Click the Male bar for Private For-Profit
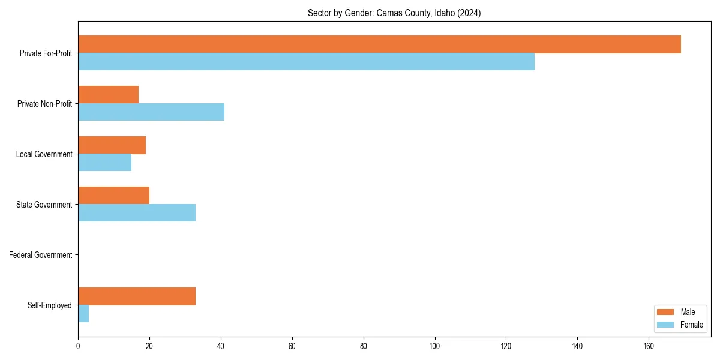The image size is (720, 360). pyautogui.click(x=379, y=44)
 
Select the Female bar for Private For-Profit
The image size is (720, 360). pyautogui.click(x=306, y=62)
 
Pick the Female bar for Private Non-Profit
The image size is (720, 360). pyautogui.click(x=151, y=112)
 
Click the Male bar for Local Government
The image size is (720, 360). pyautogui.click(x=112, y=145)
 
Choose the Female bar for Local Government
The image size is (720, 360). pyautogui.click(x=104, y=163)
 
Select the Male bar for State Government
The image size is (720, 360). pyautogui.click(x=113, y=196)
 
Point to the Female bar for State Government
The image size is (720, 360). pyautogui.click(x=137, y=213)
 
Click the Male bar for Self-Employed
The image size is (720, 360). pyautogui.click(x=137, y=296)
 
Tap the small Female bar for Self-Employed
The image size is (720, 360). pyautogui.click(x=83, y=314)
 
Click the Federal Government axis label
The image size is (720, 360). pyautogui.click(x=41, y=255)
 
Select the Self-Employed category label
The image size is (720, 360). pyautogui.click(x=50, y=305)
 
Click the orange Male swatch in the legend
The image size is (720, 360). pyautogui.click(x=666, y=312)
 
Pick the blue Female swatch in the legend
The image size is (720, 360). pyautogui.click(x=666, y=325)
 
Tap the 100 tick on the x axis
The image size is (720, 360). pyautogui.click(x=434, y=346)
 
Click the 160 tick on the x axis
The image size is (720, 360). pyautogui.click(x=649, y=346)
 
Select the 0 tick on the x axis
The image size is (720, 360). pyautogui.click(x=78, y=346)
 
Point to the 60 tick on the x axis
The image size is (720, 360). pyautogui.click(x=292, y=346)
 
